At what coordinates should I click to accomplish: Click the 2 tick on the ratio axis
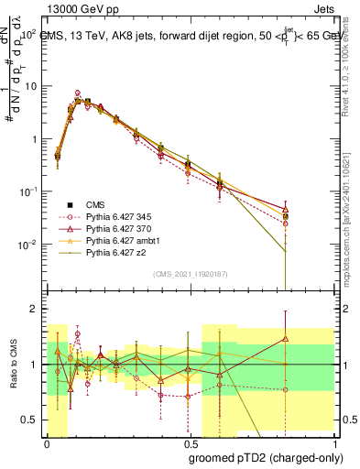(x=36, y=310)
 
